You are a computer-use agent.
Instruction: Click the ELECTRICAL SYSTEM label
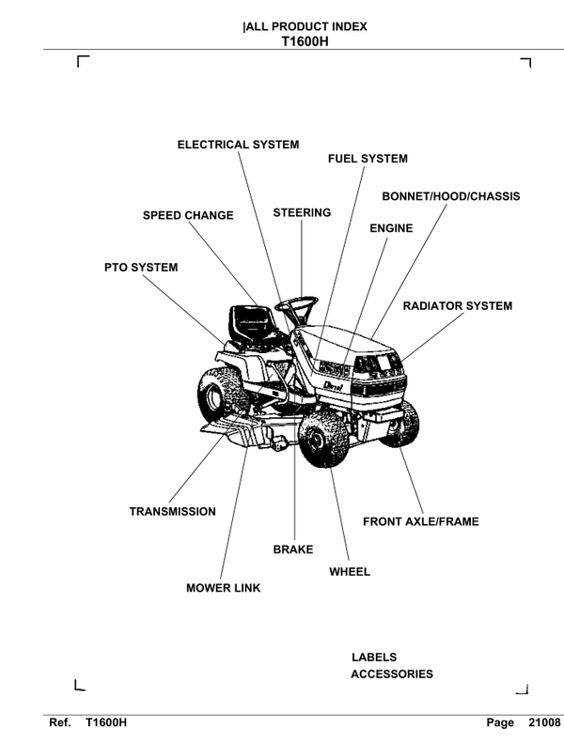click(238, 145)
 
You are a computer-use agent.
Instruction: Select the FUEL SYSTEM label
click(368, 159)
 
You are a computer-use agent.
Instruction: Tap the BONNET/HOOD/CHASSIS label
click(450, 196)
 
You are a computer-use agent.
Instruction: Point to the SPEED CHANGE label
click(188, 215)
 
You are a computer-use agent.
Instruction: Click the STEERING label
click(302, 212)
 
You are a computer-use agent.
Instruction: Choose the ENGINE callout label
click(391, 228)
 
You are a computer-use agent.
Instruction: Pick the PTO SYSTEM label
click(140, 268)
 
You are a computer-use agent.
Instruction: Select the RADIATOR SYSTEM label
click(458, 306)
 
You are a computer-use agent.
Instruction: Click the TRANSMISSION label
click(172, 512)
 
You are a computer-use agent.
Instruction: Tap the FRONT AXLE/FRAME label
click(420, 521)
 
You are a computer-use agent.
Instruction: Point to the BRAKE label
click(293, 549)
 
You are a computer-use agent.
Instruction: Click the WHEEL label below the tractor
click(350, 571)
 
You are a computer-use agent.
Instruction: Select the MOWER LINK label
click(223, 588)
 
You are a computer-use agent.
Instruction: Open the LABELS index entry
click(374, 658)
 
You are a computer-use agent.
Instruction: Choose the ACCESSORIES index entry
click(392, 674)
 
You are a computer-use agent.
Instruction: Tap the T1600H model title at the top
click(304, 41)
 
